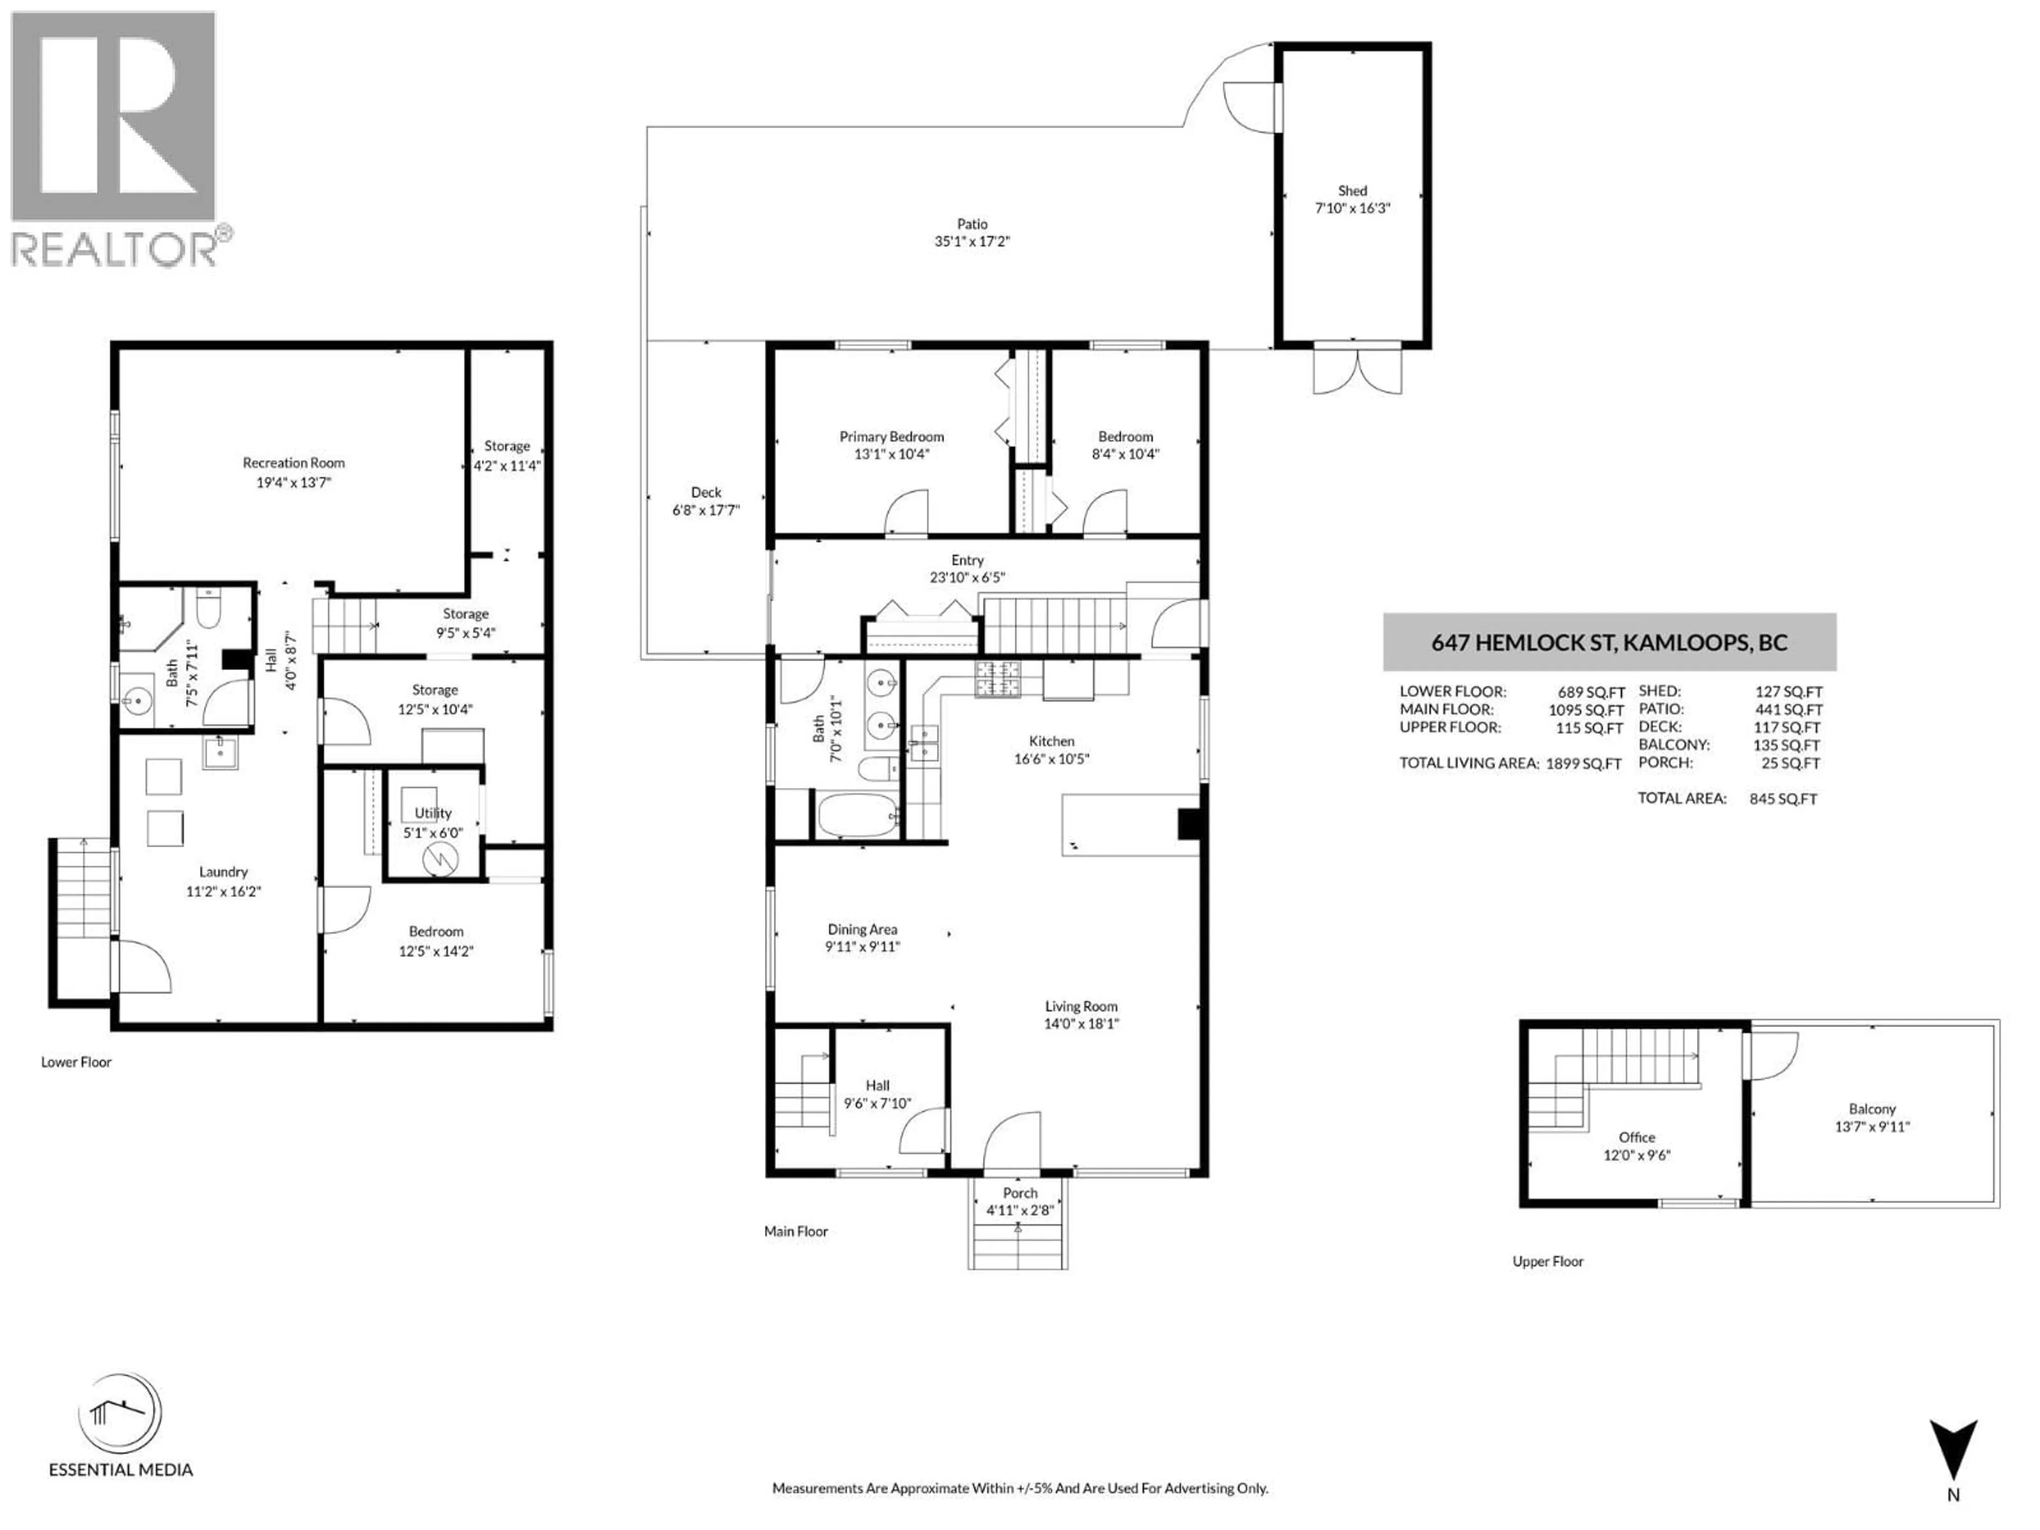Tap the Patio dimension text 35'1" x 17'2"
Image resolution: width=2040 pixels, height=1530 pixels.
click(x=972, y=242)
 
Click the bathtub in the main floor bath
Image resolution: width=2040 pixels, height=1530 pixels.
click(x=857, y=816)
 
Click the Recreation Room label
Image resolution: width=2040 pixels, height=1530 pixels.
click(x=293, y=463)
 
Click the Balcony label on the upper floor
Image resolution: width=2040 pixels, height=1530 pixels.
click(x=1872, y=1109)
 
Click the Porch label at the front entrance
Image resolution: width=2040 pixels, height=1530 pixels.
click(x=1020, y=1193)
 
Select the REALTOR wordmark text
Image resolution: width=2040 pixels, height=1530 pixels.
click(x=115, y=249)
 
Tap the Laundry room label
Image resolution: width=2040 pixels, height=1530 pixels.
click(x=223, y=872)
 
